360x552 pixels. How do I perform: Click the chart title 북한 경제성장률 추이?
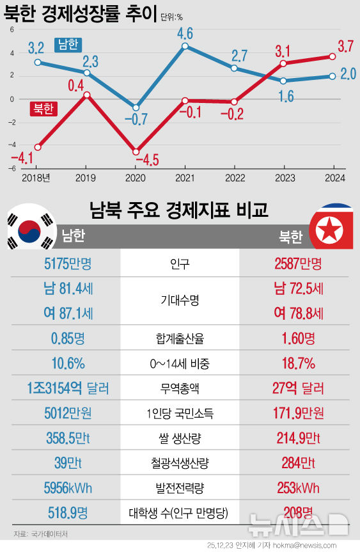point(81,13)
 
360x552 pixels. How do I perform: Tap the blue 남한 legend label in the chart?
point(68,44)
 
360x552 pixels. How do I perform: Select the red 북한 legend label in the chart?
point(43,109)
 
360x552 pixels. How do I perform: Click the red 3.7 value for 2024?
point(345,47)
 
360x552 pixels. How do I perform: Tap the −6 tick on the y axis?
point(12,169)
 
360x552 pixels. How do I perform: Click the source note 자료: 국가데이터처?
point(40,533)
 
